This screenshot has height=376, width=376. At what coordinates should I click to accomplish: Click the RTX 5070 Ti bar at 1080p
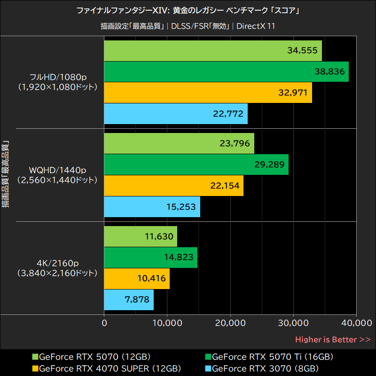[226, 71]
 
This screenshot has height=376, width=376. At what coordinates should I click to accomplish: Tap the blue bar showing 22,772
[176, 113]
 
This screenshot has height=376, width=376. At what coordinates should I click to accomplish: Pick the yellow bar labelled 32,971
[208, 93]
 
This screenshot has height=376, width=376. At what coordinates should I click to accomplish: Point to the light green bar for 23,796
[179, 143]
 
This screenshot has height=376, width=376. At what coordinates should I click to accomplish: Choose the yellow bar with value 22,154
[174, 186]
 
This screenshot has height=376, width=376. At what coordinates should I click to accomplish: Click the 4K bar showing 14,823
[150, 257]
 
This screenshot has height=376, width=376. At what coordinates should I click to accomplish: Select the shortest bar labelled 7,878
[129, 300]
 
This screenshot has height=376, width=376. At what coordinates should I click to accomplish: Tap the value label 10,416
[151, 278]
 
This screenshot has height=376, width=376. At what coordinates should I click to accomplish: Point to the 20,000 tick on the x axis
[230, 323]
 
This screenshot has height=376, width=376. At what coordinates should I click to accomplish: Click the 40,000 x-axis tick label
[356, 323]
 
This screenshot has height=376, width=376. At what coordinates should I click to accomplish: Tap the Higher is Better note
[332, 339]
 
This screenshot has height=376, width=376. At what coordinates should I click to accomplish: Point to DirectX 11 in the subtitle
[256, 26]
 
